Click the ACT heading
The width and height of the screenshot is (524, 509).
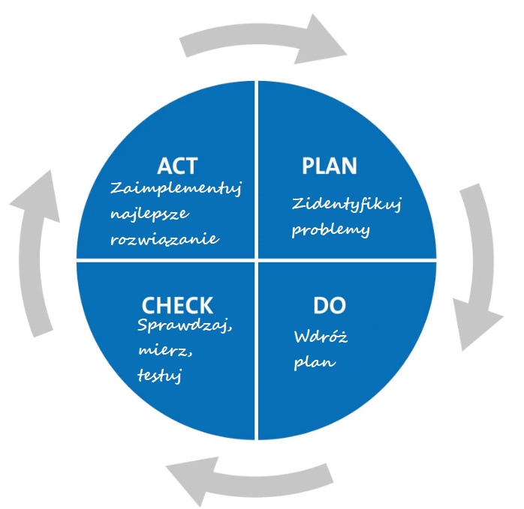pos(177,166)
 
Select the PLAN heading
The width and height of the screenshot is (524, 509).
pos(329,166)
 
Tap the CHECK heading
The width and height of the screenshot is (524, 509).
pos(177,305)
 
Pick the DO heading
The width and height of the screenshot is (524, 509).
pos(328,306)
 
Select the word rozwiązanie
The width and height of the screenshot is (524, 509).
pos(164,239)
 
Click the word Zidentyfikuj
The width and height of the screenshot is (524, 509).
pos(346,204)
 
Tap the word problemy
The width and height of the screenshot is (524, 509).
pos(331,230)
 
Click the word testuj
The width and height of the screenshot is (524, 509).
pos(161,374)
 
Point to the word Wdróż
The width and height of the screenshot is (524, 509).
pos(321,338)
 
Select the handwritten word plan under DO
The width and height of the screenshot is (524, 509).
pos(315,363)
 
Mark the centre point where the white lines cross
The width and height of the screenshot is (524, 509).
pos(257,260)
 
